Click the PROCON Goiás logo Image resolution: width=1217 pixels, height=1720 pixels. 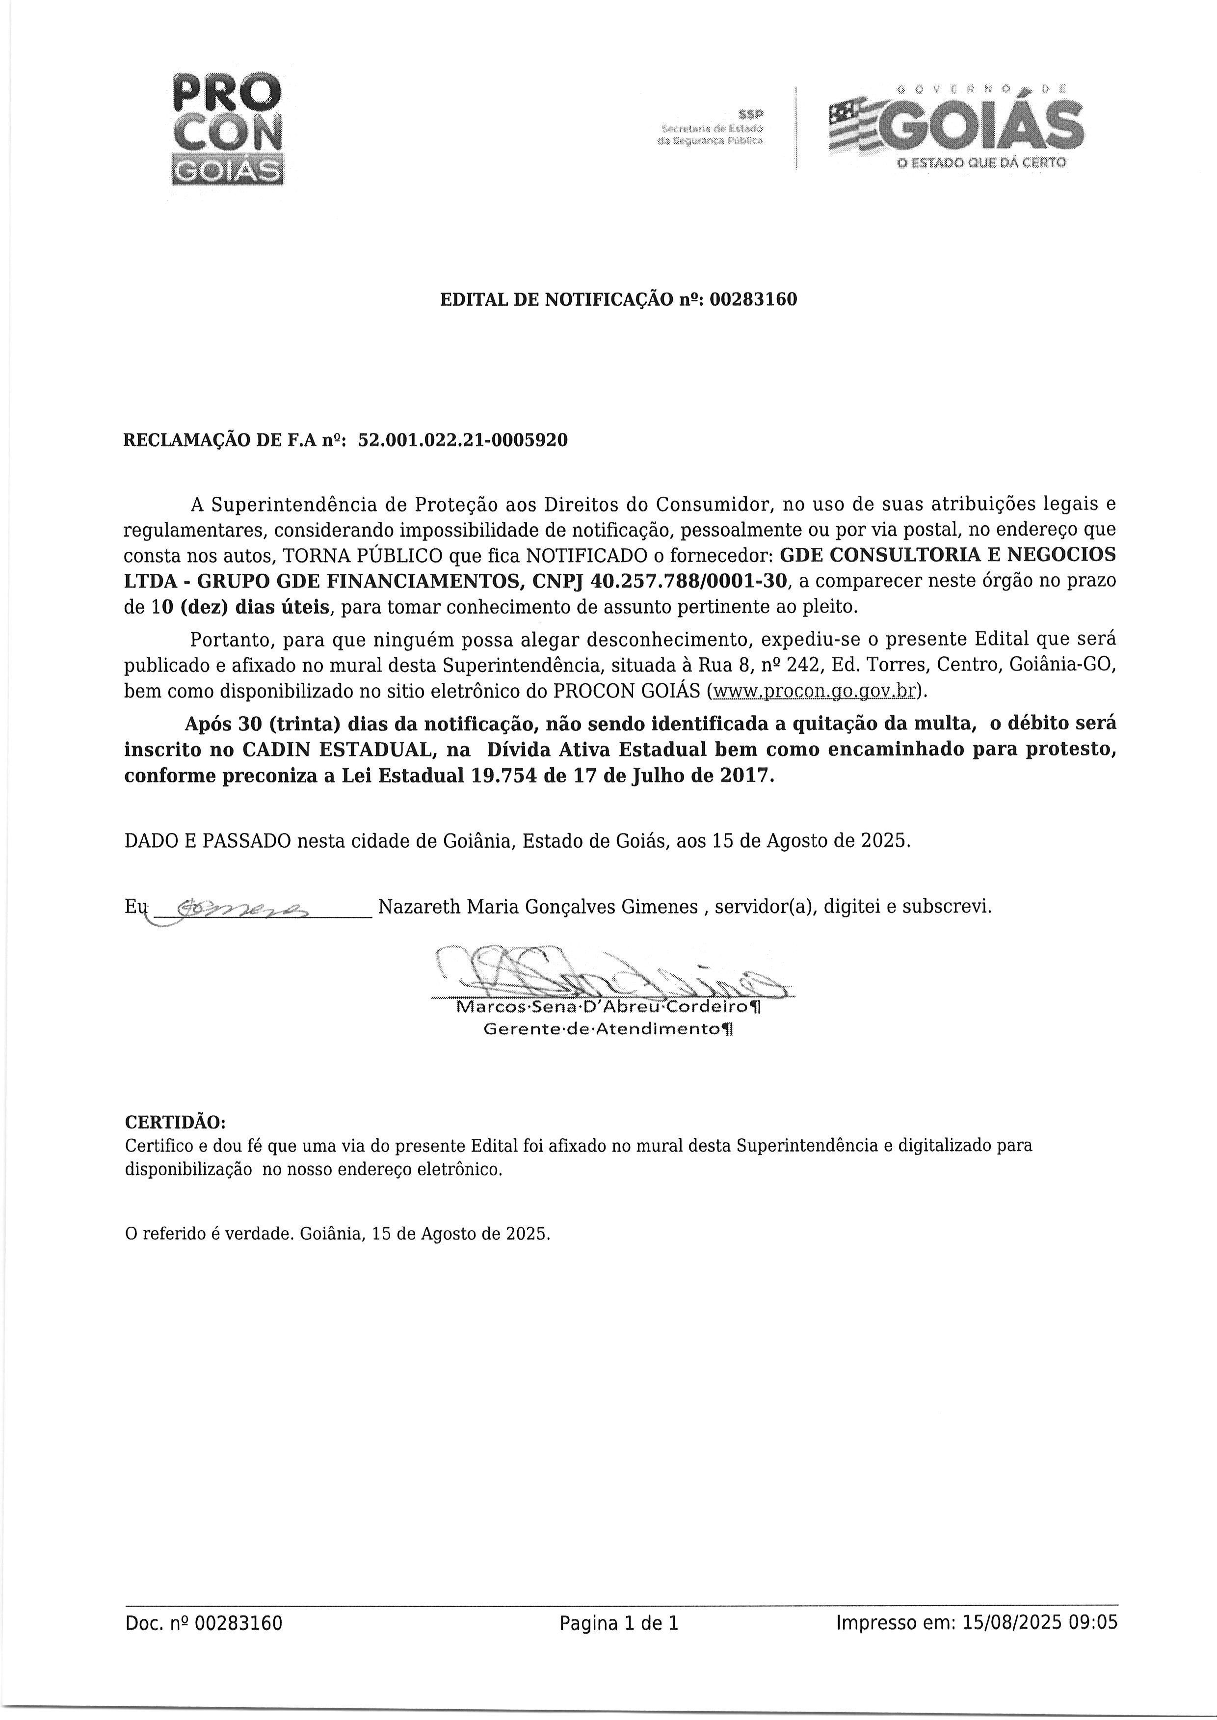pyautogui.click(x=227, y=129)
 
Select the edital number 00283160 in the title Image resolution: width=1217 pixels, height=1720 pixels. pyautogui.click(x=753, y=300)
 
